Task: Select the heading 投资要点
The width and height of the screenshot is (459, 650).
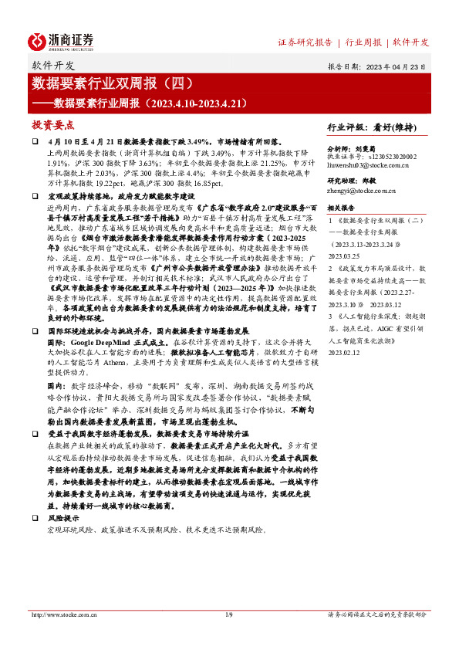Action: coord(52,124)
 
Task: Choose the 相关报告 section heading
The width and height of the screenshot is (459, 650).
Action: coord(341,208)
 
